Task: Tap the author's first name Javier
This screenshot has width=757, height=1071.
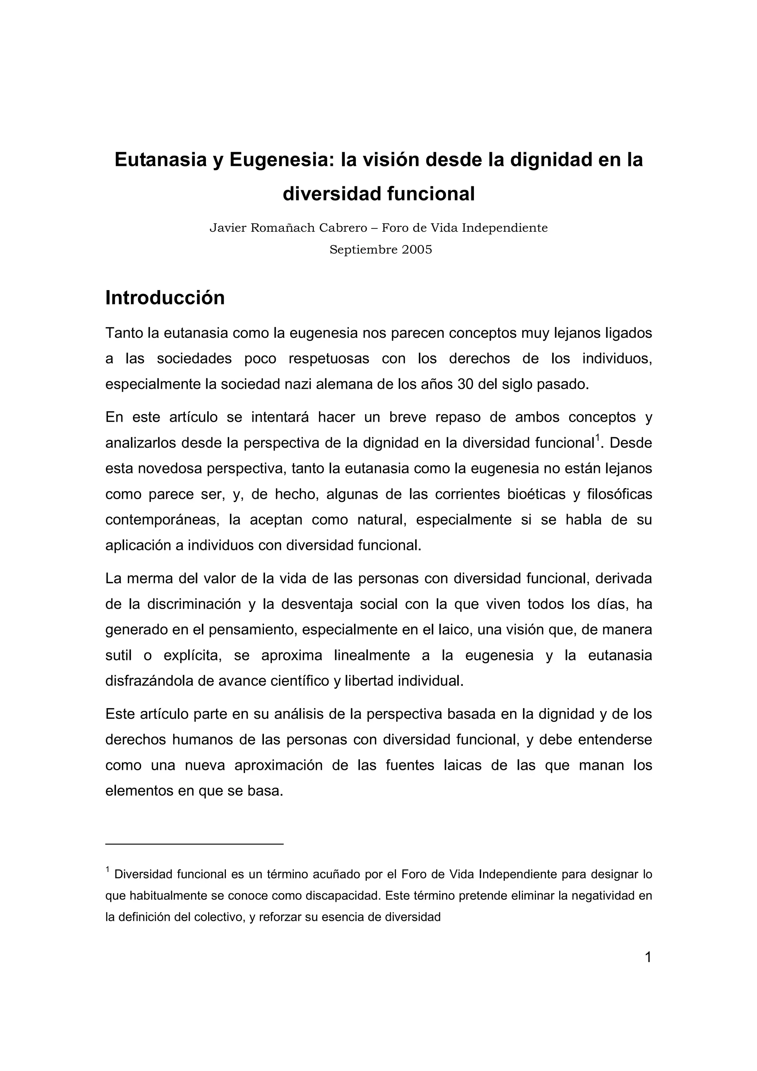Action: [x=228, y=228]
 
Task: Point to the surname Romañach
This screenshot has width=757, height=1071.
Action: [x=283, y=228]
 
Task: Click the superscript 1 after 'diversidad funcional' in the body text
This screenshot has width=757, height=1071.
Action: [x=597, y=438]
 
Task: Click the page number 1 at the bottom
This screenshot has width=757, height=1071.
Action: [x=647, y=958]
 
